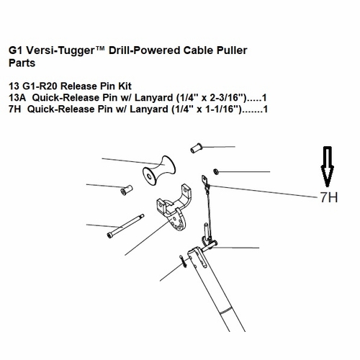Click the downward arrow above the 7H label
tap(328, 166)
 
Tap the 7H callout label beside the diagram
tap(329, 197)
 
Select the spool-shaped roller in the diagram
tap(159, 171)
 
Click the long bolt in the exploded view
tap(125, 226)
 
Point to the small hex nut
tap(215, 171)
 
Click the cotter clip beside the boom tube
tap(183, 261)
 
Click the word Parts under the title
tap(22, 63)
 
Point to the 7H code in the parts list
tap(14, 109)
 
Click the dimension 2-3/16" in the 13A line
tap(225, 97)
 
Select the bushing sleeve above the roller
tap(197, 148)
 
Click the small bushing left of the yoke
tap(127, 190)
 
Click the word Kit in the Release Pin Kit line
tap(125, 86)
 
